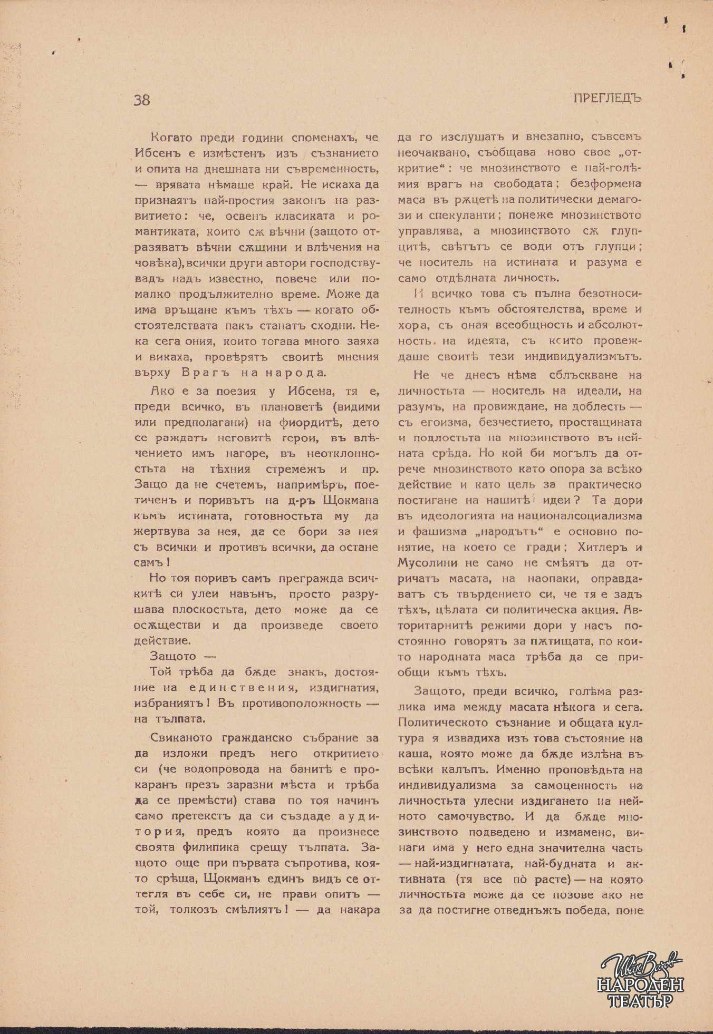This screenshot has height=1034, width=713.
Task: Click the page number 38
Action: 142,100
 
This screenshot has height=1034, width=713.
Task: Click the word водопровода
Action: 225,769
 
